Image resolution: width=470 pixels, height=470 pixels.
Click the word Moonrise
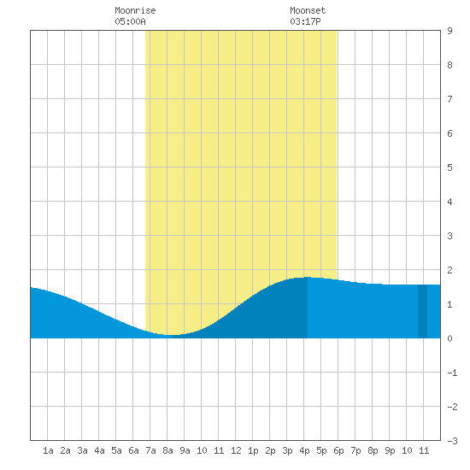tap(135, 10)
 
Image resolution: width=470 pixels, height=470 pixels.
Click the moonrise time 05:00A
tap(131, 21)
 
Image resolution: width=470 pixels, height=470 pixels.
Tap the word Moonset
tap(308, 10)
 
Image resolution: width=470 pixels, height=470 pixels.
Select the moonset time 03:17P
tap(305, 21)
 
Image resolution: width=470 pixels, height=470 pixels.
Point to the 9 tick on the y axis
tap(449, 31)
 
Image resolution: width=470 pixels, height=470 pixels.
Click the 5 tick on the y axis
tap(449, 167)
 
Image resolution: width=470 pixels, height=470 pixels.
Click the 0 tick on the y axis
tap(449, 338)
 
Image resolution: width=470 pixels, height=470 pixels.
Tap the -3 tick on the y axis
tap(452, 441)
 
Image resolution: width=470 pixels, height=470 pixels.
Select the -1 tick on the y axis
tap(452, 373)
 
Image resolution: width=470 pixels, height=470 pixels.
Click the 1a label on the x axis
tap(48, 450)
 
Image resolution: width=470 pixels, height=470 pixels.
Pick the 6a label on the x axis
tap(133, 450)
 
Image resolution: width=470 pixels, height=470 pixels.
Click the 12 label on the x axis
tap(236, 450)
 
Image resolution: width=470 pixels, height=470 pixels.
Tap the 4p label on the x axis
tap(304, 450)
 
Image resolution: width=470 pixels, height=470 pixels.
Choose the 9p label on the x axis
tap(390, 450)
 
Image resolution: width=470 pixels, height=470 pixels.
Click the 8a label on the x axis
tap(167, 450)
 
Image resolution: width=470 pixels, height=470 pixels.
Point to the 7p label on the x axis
tap(355, 450)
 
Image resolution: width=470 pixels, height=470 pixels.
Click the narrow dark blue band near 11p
tap(422, 311)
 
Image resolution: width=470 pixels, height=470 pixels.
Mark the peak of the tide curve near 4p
tap(308, 277)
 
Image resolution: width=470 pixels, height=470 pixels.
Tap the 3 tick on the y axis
tap(449, 236)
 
